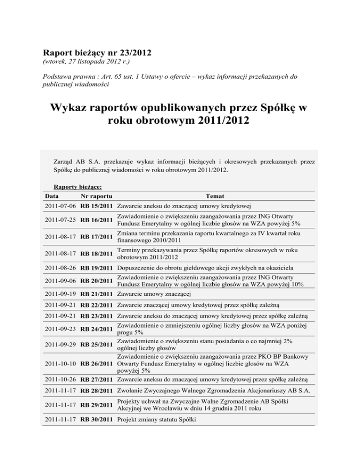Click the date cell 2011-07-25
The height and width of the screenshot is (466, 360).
60,220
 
